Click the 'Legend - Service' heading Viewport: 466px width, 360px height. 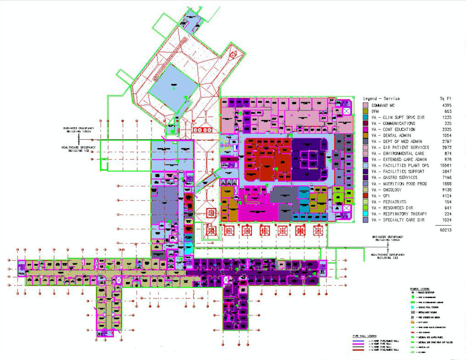pos(381,99)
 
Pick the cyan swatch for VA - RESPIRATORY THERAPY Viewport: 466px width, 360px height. pos(366,214)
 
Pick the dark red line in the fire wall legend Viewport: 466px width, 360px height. pos(360,350)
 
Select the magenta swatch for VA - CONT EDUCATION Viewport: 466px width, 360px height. pos(366,129)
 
